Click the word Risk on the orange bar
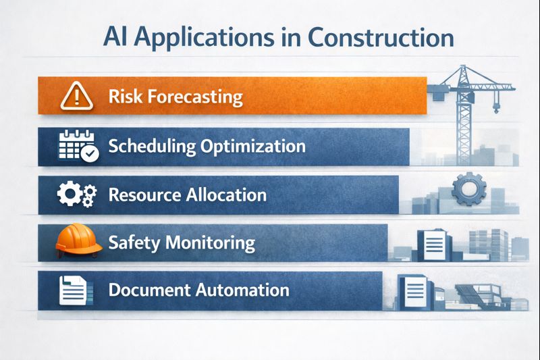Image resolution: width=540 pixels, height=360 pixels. (x=122, y=97)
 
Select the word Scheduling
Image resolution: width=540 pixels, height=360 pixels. (x=149, y=146)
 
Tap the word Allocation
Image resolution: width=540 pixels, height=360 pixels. (x=226, y=195)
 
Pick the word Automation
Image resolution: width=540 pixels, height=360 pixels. (x=243, y=290)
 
